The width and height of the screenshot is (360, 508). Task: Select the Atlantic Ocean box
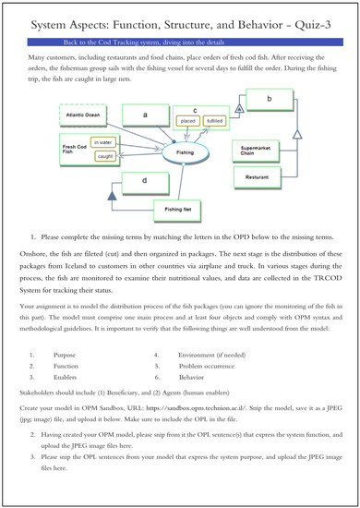point(85,115)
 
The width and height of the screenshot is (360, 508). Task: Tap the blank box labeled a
point(147,115)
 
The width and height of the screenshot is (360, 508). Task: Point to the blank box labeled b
point(268,99)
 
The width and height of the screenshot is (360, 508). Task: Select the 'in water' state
point(103,142)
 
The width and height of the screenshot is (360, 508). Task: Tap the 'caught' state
point(103,158)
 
